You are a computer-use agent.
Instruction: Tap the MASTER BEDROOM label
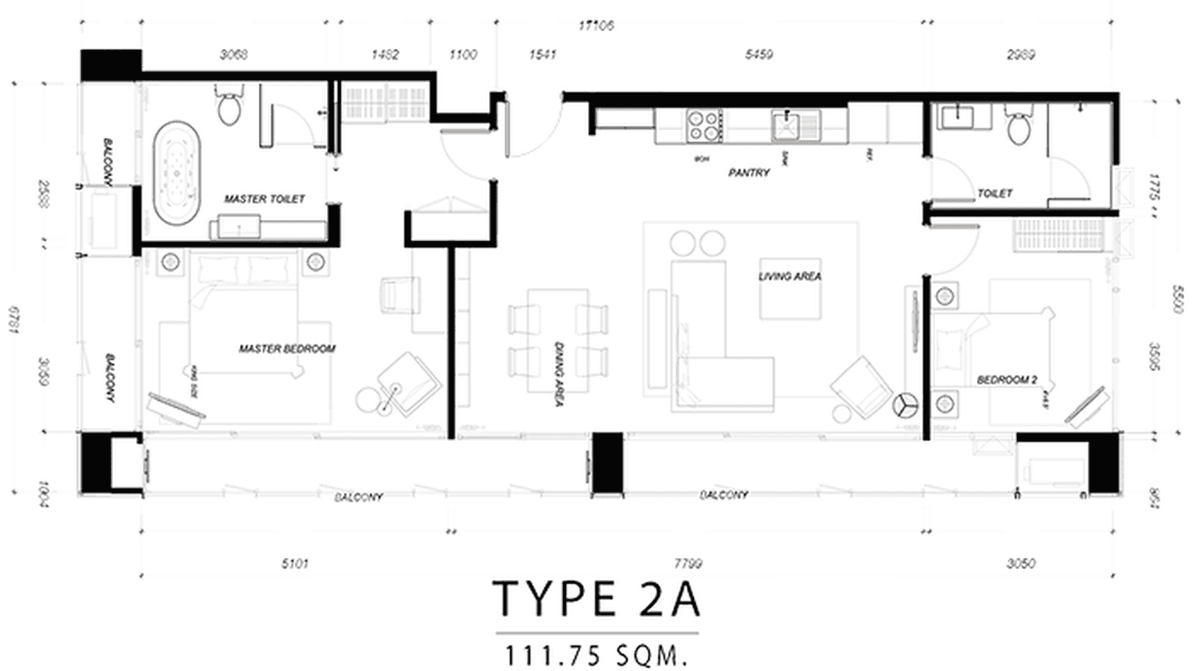pos(287,349)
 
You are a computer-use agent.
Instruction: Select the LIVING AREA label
pos(789,277)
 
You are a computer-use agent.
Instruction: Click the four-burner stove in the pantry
pos(702,125)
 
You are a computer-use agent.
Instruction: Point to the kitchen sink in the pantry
pos(787,125)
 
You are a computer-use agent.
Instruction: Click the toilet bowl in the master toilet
pos(229,108)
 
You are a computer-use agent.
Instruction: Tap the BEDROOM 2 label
pos(1007,380)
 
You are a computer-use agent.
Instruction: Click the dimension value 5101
pos(295,562)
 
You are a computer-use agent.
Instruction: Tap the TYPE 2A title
pos(597,601)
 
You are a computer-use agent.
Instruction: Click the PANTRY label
pos(747,174)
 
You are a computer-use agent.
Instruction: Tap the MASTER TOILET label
pos(264,199)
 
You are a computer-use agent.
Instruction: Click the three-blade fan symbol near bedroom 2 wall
pos(906,405)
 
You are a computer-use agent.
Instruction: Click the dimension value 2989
pos(1021,55)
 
